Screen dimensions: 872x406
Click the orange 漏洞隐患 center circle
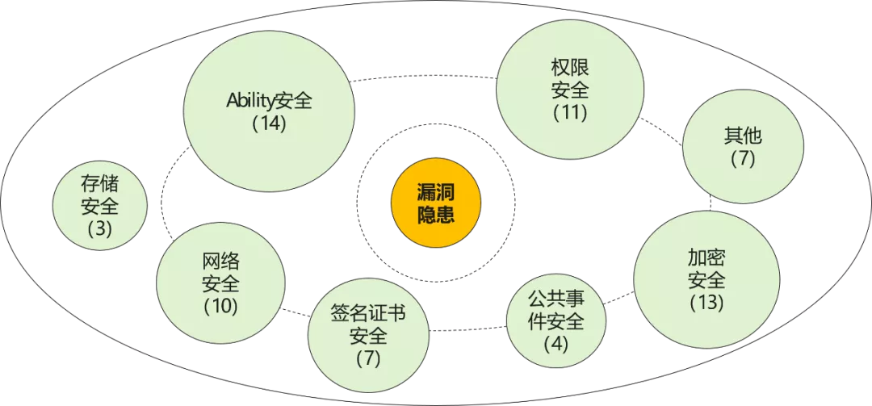(x=435, y=203)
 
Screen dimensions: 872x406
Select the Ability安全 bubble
(x=269, y=113)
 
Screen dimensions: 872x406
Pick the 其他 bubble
(x=743, y=146)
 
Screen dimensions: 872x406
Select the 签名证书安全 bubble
(x=368, y=335)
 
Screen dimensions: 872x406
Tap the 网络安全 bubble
(x=220, y=284)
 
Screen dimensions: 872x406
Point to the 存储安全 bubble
(x=100, y=206)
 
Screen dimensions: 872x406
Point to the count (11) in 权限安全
(x=570, y=112)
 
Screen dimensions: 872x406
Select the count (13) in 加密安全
(x=706, y=303)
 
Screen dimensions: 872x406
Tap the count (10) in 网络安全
(x=220, y=307)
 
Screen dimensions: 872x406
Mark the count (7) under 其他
(x=743, y=158)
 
